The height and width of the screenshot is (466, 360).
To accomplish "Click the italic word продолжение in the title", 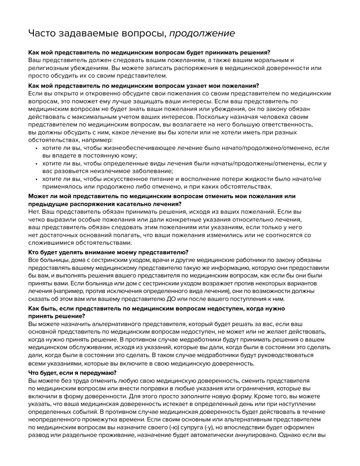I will pyautogui.click(x=202, y=33).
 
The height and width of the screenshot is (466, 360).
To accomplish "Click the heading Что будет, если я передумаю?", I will pyautogui.click(x=72, y=373).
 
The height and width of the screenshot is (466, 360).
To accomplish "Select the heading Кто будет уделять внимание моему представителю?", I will pyautogui.click(x=108, y=252).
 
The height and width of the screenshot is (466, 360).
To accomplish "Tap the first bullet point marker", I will pyautogui.click(x=36, y=148).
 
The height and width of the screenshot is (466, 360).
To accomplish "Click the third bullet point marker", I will pyautogui.click(x=36, y=179).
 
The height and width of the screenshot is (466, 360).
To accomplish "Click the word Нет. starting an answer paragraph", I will pyautogui.click(x=34, y=212).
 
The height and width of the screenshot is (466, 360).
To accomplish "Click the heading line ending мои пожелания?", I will pyautogui.click(x=144, y=86).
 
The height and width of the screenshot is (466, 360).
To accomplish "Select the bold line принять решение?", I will pyautogui.click(x=57, y=316).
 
